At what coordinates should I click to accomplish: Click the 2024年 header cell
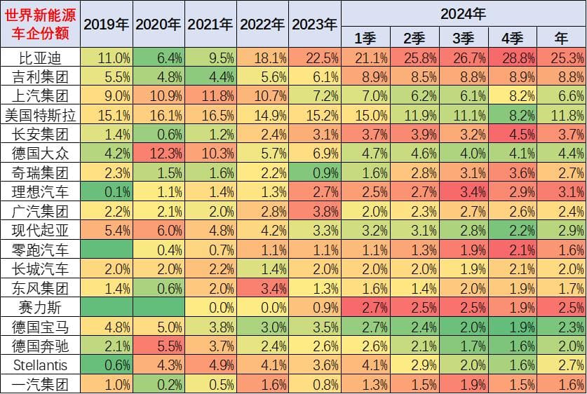[463, 13]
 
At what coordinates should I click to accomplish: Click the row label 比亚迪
[40, 57]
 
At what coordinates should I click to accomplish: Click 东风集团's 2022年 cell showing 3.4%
[263, 287]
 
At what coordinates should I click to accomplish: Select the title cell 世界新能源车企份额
[40, 24]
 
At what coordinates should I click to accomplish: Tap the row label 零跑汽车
[40, 249]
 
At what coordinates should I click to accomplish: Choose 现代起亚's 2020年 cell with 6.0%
[158, 230]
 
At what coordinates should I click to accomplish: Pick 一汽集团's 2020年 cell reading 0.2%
[158, 383]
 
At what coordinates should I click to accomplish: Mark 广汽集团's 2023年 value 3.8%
[315, 211]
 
